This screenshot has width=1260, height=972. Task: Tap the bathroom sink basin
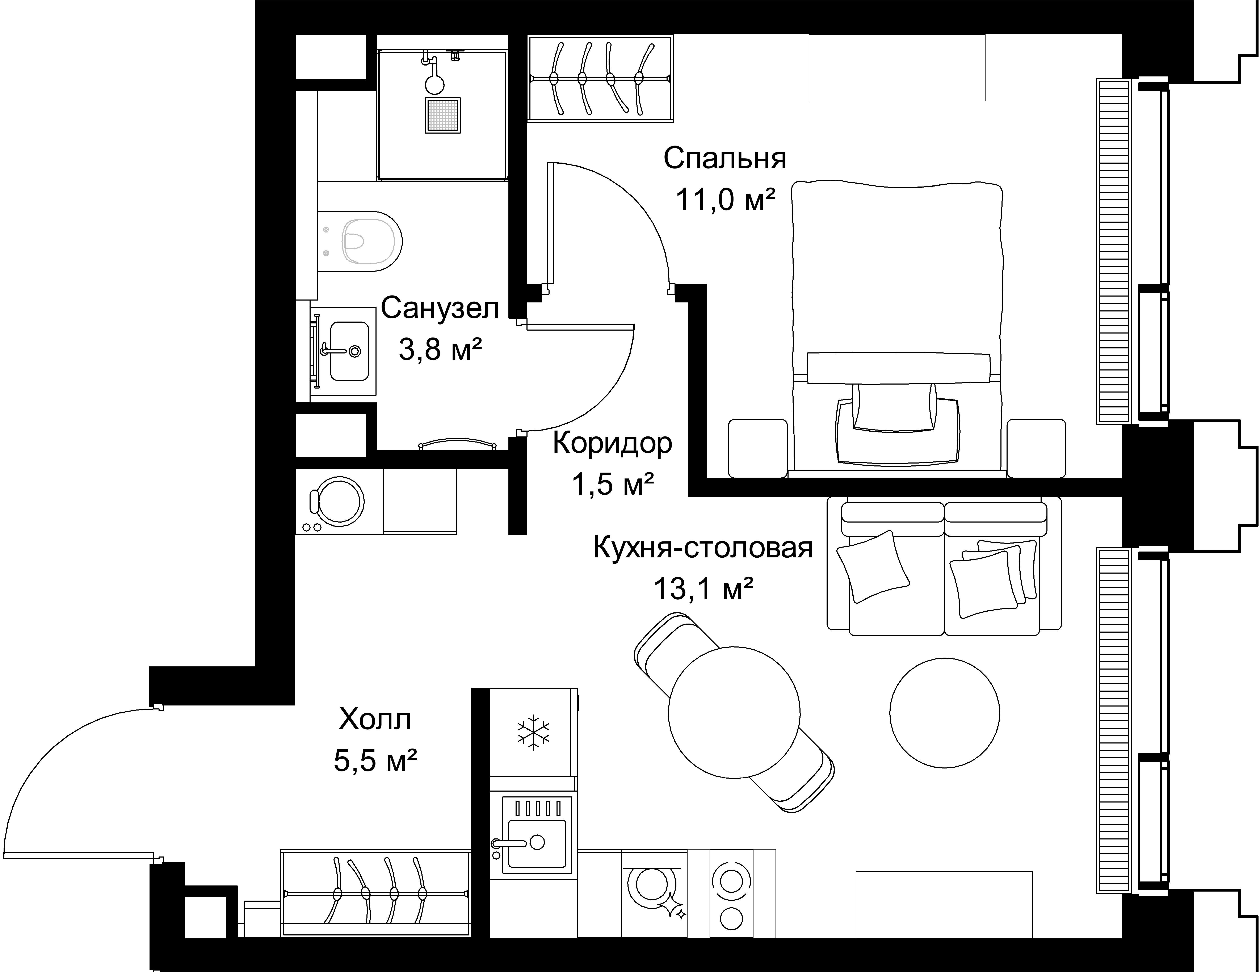coord(349,351)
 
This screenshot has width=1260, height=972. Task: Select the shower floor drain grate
coord(442,115)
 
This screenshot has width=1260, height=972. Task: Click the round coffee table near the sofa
coord(944,713)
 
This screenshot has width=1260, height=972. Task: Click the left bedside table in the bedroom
coord(757,448)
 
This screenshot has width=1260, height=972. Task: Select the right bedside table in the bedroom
coord(1036,448)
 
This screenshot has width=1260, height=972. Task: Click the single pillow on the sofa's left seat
coord(873,566)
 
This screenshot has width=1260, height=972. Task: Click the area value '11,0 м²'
coord(725,200)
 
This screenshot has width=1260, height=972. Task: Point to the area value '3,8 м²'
coord(440,349)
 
